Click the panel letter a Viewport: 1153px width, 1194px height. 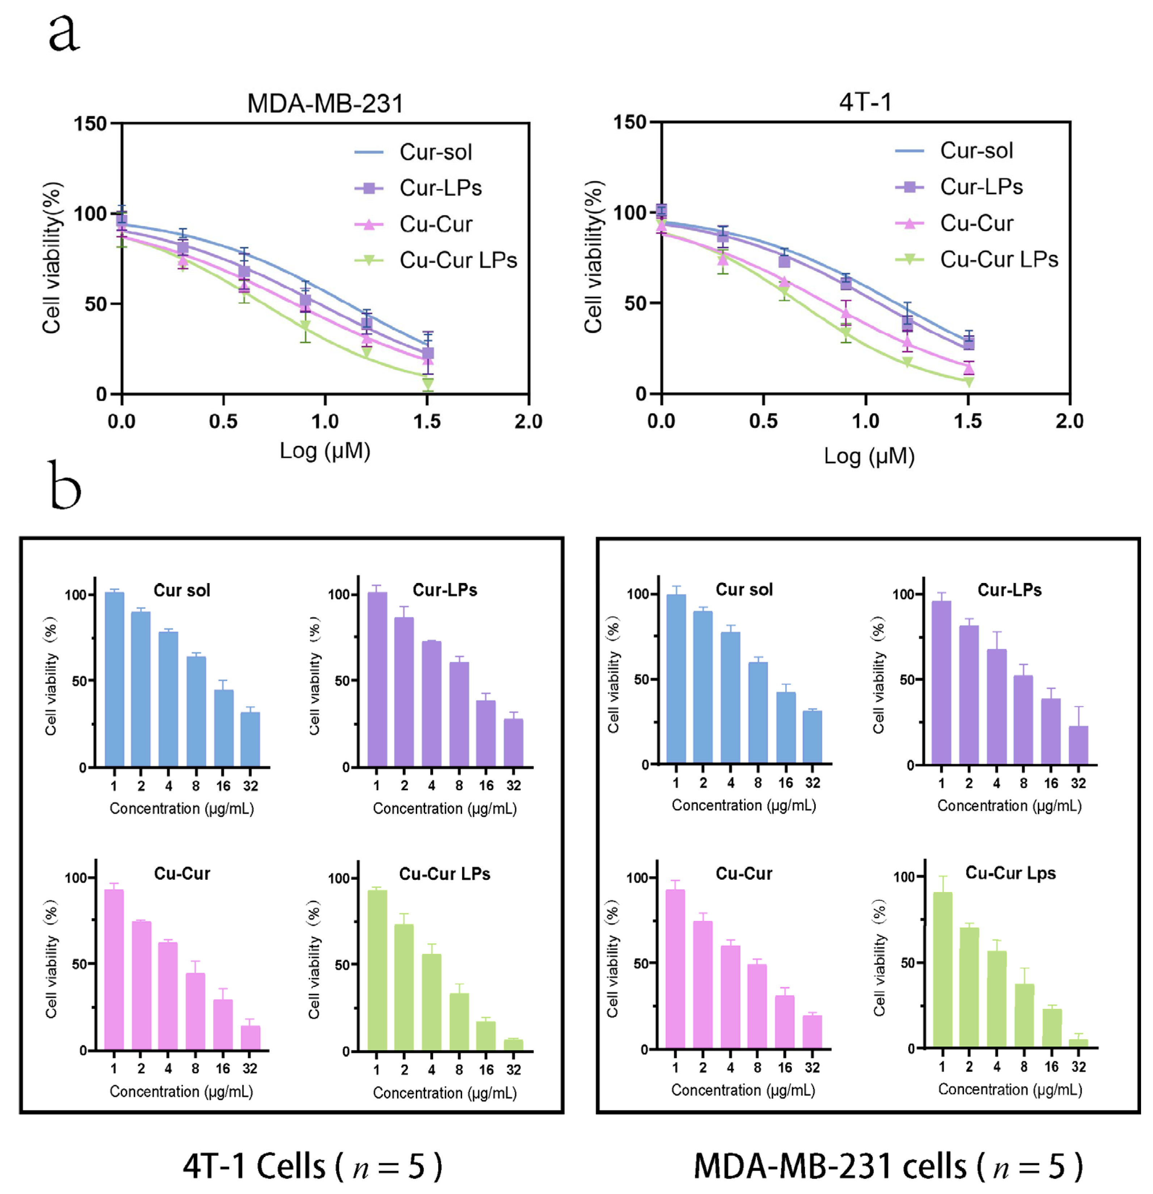point(64,34)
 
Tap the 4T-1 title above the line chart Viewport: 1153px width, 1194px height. point(865,102)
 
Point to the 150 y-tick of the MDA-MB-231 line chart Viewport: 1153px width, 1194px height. point(90,124)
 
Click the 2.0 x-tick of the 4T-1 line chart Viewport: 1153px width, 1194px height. point(1069,421)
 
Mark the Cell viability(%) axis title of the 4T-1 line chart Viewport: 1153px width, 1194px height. point(593,257)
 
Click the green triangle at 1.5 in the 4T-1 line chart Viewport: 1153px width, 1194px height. point(968,382)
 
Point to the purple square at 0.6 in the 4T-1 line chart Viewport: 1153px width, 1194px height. point(784,261)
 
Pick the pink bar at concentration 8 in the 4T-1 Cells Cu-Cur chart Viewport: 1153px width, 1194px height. point(195,1011)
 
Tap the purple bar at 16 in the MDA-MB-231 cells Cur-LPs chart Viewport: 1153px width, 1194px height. point(1051,731)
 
